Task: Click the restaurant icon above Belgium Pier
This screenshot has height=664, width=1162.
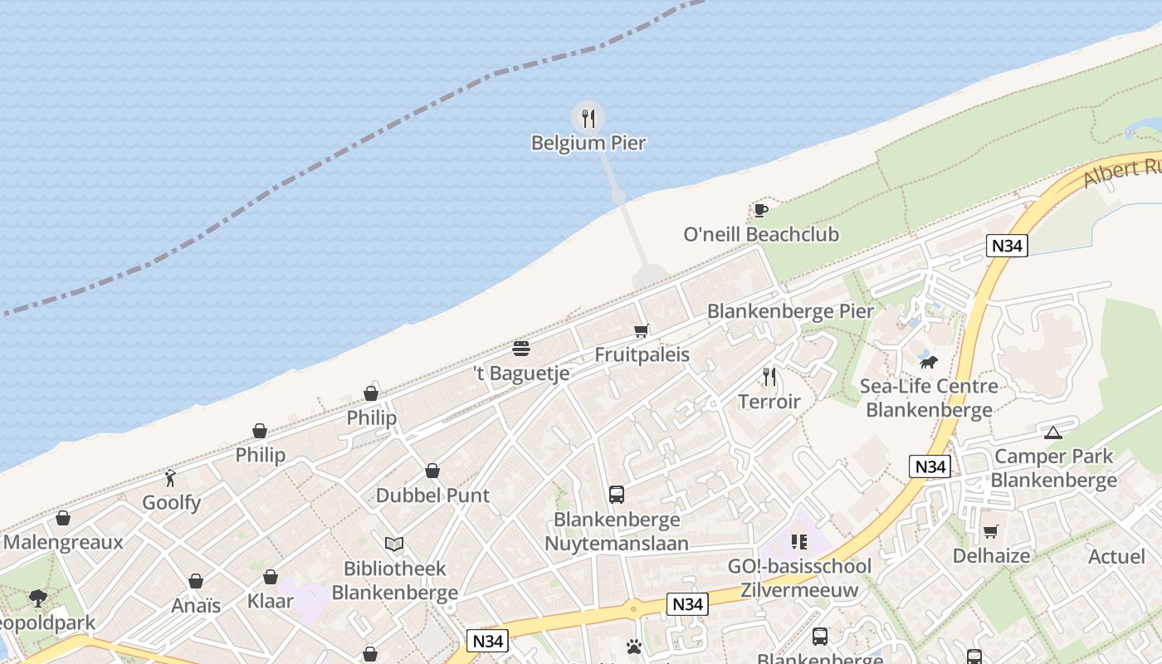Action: (x=588, y=119)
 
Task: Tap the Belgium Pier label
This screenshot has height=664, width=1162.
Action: (x=588, y=144)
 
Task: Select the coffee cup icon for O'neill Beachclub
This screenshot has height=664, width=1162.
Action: (x=760, y=210)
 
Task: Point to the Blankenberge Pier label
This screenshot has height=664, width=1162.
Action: (x=790, y=311)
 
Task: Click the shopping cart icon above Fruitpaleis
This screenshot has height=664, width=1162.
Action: (x=642, y=331)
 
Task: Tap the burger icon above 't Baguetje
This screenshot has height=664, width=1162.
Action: (x=521, y=348)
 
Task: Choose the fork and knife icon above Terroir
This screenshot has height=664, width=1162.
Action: (x=769, y=377)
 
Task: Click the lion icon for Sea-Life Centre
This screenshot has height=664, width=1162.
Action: (x=929, y=362)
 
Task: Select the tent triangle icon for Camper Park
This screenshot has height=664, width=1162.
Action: (x=1053, y=432)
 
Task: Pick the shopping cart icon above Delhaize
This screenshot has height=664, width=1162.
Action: (x=991, y=531)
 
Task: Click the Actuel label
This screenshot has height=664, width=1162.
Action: (x=1116, y=557)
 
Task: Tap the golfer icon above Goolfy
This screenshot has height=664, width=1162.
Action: (x=171, y=478)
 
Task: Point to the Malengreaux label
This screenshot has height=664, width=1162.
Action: (x=63, y=543)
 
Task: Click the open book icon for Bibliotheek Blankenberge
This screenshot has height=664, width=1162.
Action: (x=394, y=544)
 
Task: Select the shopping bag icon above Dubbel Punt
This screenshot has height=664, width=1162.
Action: (x=432, y=471)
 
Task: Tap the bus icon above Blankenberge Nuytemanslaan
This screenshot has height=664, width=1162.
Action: (x=617, y=495)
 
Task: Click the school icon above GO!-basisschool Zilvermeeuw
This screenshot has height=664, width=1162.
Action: (x=799, y=542)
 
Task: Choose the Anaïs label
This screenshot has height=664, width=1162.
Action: (x=196, y=606)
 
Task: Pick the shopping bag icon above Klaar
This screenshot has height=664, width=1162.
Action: (x=271, y=577)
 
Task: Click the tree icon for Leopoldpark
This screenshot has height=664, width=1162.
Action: (x=37, y=598)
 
